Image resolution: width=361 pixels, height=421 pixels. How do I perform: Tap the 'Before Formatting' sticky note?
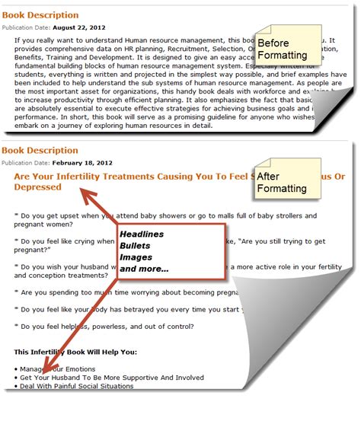(x=283, y=49)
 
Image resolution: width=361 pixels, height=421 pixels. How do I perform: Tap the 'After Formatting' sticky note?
(x=283, y=183)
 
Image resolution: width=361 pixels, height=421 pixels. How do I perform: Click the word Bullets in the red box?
(x=135, y=246)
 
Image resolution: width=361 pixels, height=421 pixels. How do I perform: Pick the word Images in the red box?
(x=135, y=257)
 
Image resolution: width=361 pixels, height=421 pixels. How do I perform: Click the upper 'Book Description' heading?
(x=40, y=14)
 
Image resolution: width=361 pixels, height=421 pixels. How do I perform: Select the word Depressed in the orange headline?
(x=38, y=187)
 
